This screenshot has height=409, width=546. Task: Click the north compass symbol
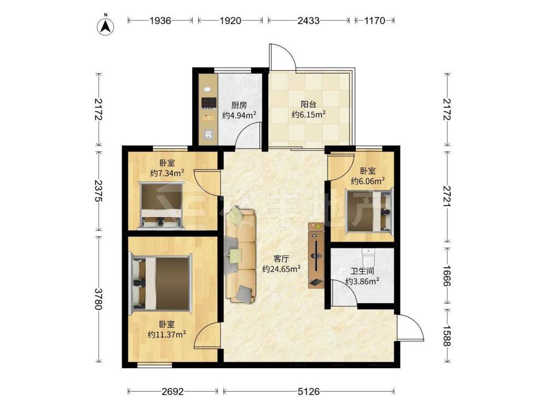click(x=105, y=25)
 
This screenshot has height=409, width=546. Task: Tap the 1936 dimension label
click(x=160, y=21)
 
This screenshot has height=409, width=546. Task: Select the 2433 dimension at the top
click(x=308, y=21)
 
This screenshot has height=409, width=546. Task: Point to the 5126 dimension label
click(x=308, y=392)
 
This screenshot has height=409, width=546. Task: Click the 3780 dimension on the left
click(x=98, y=299)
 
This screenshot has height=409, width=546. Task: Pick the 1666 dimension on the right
click(x=447, y=276)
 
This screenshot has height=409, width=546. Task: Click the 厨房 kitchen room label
click(x=239, y=105)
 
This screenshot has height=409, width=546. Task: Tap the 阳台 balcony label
click(x=308, y=104)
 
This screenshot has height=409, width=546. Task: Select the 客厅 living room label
click(x=281, y=258)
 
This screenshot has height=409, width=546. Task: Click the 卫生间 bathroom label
click(x=362, y=271)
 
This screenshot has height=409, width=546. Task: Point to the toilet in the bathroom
click(x=367, y=257)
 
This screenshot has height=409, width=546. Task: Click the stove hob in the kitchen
click(x=209, y=103)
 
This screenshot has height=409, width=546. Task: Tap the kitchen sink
click(x=209, y=134)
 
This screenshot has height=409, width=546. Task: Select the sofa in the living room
click(x=241, y=255)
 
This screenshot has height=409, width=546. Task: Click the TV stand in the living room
click(x=316, y=256)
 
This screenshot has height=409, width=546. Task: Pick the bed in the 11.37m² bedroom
click(x=161, y=283)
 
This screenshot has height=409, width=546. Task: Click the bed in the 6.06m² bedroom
click(x=369, y=210)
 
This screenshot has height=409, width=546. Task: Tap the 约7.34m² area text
click(x=167, y=173)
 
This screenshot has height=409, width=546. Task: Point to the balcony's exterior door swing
click(x=283, y=56)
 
